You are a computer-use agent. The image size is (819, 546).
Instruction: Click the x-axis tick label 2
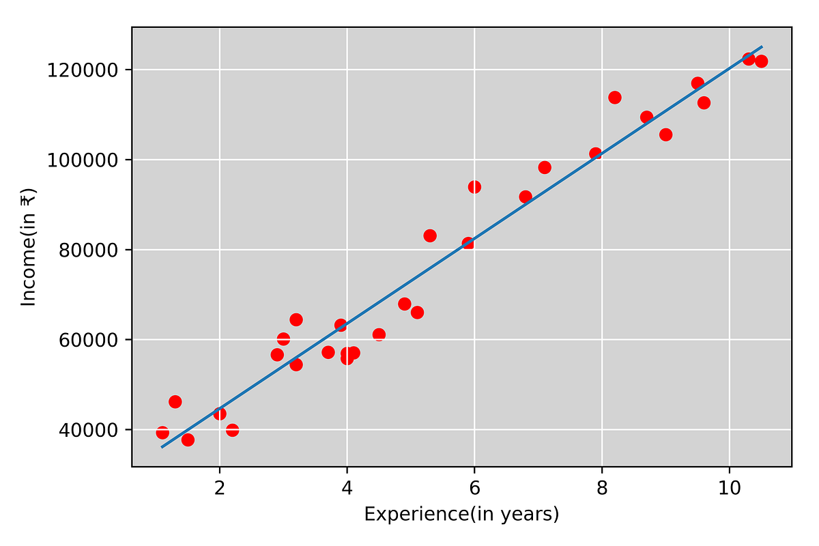[x=220, y=489]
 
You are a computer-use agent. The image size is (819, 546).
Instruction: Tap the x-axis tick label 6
[x=474, y=489]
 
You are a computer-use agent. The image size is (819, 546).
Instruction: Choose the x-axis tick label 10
[x=730, y=489]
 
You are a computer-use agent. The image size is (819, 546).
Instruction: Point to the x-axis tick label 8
[x=602, y=489]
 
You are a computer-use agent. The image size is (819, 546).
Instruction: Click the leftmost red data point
[x=162, y=433]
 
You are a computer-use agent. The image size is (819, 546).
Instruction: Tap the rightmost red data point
[x=761, y=61]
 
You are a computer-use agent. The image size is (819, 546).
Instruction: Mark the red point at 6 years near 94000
[x=474, y=187]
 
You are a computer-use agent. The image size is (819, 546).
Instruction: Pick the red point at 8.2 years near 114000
[x=615, y=98]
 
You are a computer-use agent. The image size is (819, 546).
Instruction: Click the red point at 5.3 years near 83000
[x=430, y=236]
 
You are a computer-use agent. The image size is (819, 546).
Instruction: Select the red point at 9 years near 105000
[x=665, y=134]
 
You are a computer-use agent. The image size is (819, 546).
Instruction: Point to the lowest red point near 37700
[x=188, y=440]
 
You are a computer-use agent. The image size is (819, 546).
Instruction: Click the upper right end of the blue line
[x=762, y=46]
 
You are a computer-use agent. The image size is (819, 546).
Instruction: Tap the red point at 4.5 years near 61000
[x=379, y=334]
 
